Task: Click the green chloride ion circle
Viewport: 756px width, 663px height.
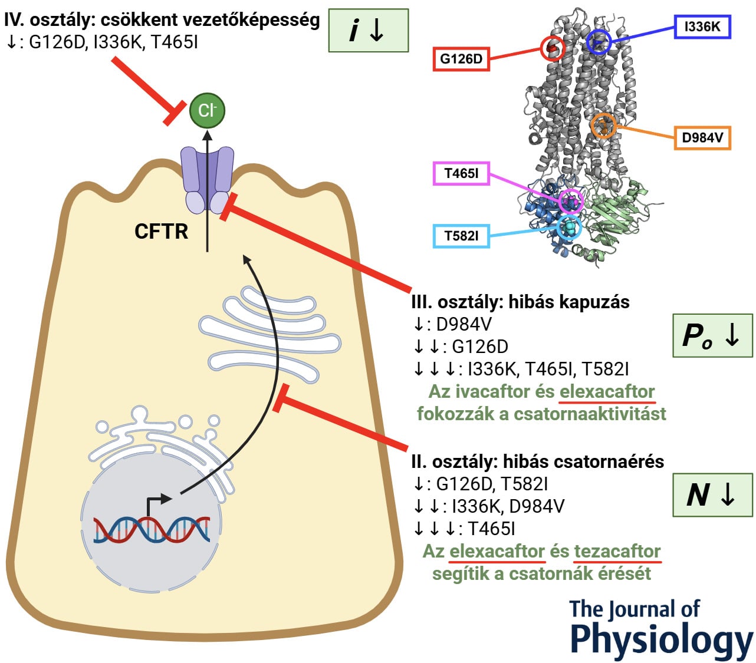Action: tap(207, 110)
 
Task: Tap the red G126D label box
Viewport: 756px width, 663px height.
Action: tap(461, 59)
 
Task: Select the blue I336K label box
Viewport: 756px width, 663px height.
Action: tap(702, 27)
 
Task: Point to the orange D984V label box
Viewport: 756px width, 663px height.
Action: tap(702, 138)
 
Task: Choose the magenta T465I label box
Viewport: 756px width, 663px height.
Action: tap(461, 173)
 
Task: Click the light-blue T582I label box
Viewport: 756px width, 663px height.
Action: tap(461, 236)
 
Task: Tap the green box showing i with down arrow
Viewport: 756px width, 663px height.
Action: tap(368, 31)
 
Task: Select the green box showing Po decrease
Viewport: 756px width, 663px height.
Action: tap(712, 335)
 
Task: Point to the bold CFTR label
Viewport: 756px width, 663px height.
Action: tap(161, 231)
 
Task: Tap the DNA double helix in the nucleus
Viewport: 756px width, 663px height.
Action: tap(152, 529)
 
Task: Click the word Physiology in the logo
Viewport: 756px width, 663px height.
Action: tap(660, 639)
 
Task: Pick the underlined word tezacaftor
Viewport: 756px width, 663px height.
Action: tap(617, 552)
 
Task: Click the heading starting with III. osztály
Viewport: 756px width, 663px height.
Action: tap(520, 302)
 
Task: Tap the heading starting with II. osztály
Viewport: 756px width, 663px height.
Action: tap(537, 461)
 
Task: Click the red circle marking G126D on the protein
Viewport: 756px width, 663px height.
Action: tap(553, 48)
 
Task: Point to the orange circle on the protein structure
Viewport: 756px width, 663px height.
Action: tap(603, 126)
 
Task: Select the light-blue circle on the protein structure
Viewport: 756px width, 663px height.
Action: tap(569, 227)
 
